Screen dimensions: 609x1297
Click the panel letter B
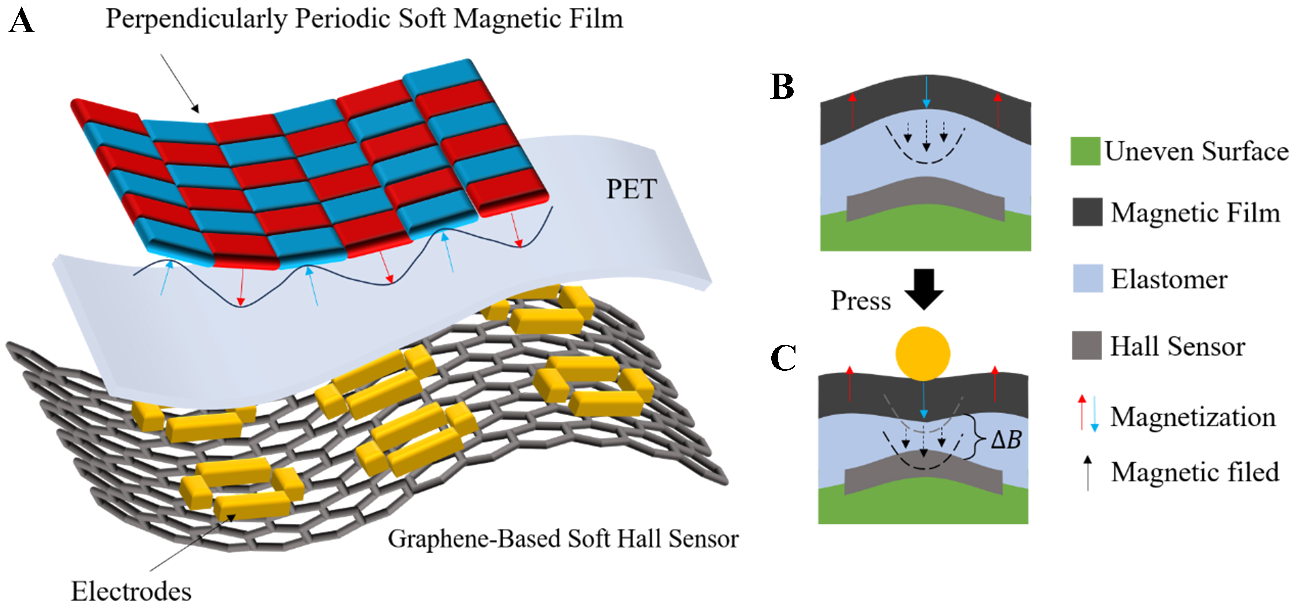point(782,87)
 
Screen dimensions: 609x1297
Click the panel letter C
point(783,358)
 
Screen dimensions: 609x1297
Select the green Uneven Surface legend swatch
point(1085,151)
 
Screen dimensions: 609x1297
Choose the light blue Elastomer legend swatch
point(1088,278)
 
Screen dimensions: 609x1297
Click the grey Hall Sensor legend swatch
point(1087,345)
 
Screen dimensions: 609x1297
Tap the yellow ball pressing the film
point(923,353)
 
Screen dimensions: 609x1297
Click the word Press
point(861,301)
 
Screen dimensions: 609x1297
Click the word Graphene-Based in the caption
point(475,539)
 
